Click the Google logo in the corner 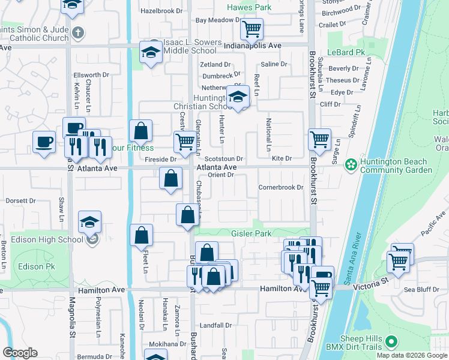(20, 352)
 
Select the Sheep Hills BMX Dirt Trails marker (392, 343)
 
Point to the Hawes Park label (249, 8)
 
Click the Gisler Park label (252, 233)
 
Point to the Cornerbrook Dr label (281, 187)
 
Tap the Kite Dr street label (281, 158)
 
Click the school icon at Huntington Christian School (238, 97)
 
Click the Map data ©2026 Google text (412, 355)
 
